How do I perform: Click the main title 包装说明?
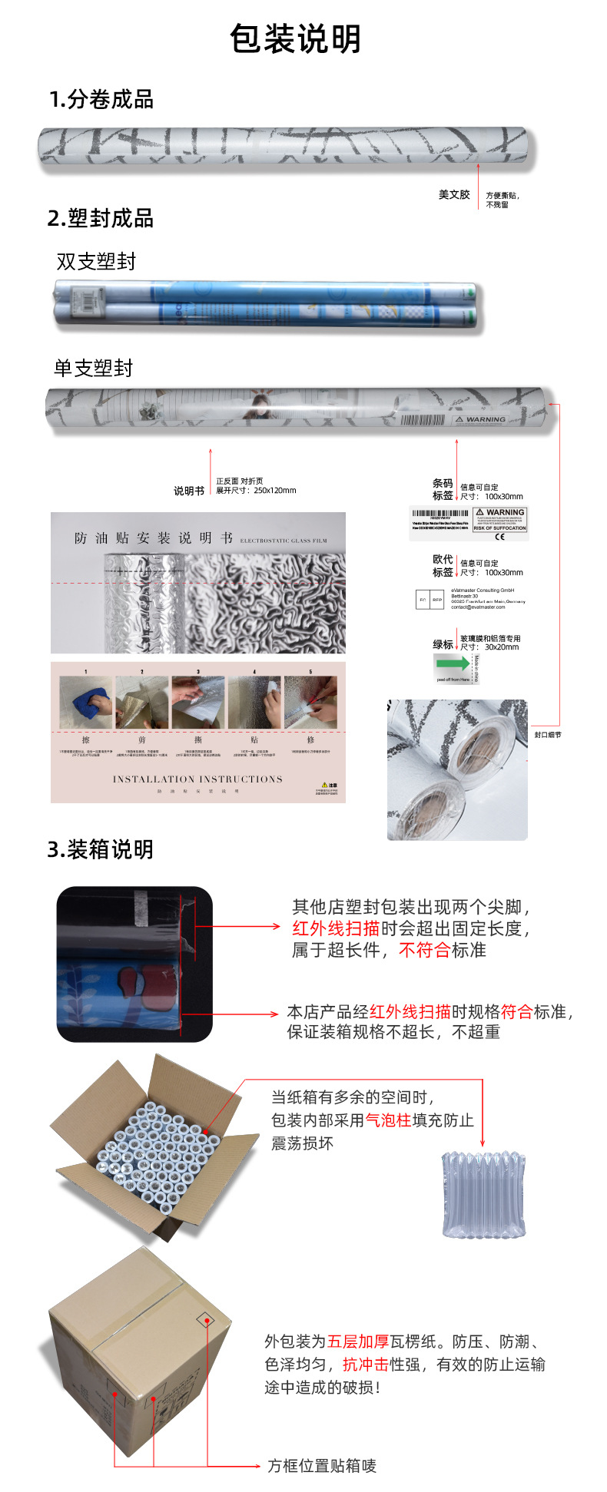coord(296,38)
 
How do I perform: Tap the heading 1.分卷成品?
coord(101,99)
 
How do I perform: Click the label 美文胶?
coord(453,194)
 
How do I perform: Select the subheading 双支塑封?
coord(96,262)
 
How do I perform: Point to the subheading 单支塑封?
coord(93,369)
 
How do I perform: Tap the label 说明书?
coord(188,491)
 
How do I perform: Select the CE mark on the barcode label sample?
coord(499,536)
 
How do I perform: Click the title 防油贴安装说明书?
coord(154,538)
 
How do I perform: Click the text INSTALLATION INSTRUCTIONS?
coord(197,779)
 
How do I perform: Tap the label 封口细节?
coord(548,735)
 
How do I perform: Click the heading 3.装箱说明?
coord(101,849)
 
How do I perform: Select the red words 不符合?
coord(424,950)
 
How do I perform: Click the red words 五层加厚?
coord(358,1341)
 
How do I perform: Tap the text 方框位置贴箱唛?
coord(322,1466)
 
